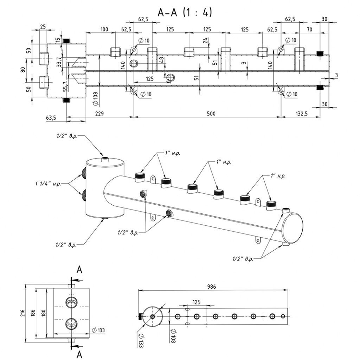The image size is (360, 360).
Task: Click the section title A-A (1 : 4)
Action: pyautogui.click(x=185, y=13)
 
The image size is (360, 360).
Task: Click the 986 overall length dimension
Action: pyautogui.click(x=212, y=287)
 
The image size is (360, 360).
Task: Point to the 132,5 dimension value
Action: pyautogui.click(x=302, y=114)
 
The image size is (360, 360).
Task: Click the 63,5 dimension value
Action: pyautogui.click(x=51, y=118)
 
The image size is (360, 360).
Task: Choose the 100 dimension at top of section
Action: pyautogui.click(x=104, y=29)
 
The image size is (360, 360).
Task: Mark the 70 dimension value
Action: pyautogui.click(x=309, y=29)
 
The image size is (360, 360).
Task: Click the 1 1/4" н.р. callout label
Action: pyautogui.click(x=48, y=184)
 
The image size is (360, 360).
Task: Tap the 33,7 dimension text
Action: pyautogui.click(x=59, y=61)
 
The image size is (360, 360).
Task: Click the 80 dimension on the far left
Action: pyautogui.click(x=23, y=70)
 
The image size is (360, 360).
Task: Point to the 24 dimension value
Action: pyautogui.click(x=205, y=41)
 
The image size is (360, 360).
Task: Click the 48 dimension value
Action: pyautogui.click(x=161, y=60)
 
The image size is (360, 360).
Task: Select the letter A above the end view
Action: pyautogui.click(x=79, y=270)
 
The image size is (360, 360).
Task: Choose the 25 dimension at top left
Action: pyautogui.click(x=43, y=26)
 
